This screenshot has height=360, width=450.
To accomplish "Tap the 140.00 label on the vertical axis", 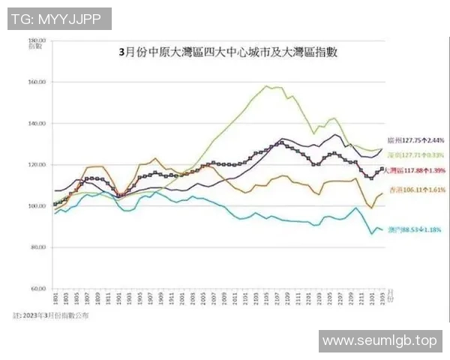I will point(37,123).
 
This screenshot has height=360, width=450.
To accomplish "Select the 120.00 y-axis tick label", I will point(37,164).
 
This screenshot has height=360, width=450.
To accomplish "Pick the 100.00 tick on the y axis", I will point(37,205).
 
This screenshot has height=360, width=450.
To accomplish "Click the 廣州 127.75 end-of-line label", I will point(415,140).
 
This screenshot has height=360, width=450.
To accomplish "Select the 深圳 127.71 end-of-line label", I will point(415,155).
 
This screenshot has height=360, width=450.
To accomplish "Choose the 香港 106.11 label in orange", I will point(415,190).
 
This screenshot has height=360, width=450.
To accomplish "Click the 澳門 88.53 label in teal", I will point(415,229).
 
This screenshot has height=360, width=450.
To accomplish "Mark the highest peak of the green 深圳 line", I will point(268,86).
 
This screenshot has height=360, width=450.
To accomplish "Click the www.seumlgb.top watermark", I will point(379,341).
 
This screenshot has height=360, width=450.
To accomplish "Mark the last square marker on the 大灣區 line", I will point(382,169).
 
